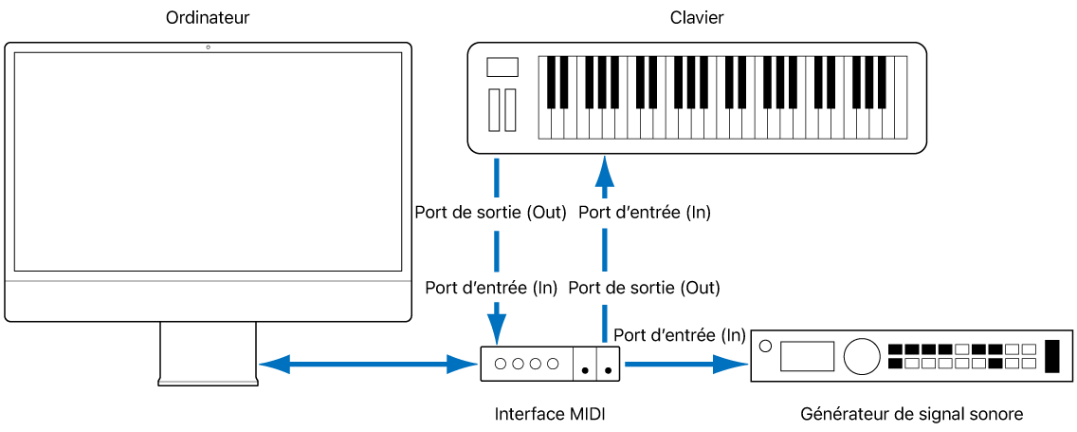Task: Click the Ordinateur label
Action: click(209, 17)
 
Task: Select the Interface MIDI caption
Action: click(551, 414)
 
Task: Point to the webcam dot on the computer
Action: click(209, 47)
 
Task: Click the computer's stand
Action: click(209, 352)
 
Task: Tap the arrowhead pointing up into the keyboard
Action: click(602, 170)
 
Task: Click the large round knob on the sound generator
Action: click(861, 356)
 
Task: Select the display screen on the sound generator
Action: click(806, 356)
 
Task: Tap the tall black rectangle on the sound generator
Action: click(1052, 356)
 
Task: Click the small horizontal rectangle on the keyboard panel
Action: click(502, 66)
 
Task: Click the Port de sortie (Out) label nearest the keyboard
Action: click(490, 213)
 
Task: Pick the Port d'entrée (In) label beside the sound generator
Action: click(680, 334)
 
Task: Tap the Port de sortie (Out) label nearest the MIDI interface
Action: click(645, 287)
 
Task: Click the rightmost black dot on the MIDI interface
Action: click(608, 370)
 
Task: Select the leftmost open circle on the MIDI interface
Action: click(501, 363)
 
